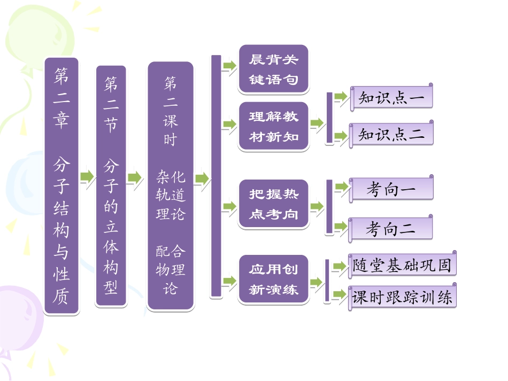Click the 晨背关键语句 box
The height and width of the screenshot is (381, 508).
(273, 69)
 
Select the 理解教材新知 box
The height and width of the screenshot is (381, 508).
(273, 126)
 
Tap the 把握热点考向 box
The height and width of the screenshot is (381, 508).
(273, 204)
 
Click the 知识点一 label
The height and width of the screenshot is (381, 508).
(391, 99)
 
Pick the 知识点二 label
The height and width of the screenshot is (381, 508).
(391, 134)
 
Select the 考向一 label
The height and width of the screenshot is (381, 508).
(391, 190)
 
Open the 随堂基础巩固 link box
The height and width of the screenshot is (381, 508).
(402, 265)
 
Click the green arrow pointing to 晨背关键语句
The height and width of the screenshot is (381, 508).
(229, 66)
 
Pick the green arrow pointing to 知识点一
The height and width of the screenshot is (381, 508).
(341, 98)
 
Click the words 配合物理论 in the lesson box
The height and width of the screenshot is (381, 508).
(170, 270)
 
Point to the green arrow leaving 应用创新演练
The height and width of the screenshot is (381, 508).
(317, 282)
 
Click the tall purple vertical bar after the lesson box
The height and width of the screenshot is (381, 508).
(216, 176)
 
